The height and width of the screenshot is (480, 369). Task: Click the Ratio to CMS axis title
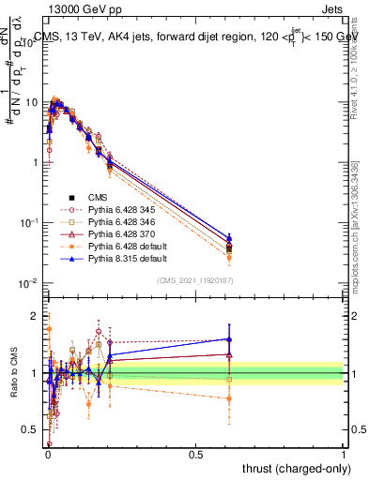click(x=14, y=374)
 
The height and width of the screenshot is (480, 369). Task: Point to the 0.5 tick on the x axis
click(x=195, y=453)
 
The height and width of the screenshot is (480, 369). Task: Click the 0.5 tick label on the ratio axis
click(x=33, y=429)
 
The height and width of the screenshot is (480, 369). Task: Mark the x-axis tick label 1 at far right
click(x=344, y=453)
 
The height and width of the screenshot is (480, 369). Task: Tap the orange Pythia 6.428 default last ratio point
click(x=229, y=398)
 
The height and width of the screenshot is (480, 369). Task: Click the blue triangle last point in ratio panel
click(x=229, y=339)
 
